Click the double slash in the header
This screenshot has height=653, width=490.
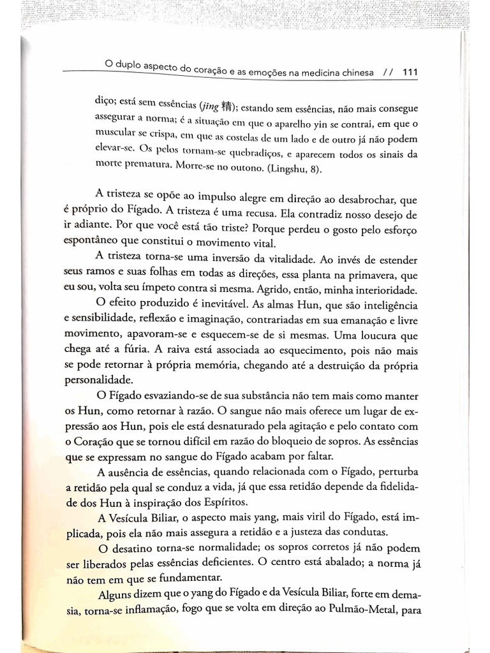(387, 72)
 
